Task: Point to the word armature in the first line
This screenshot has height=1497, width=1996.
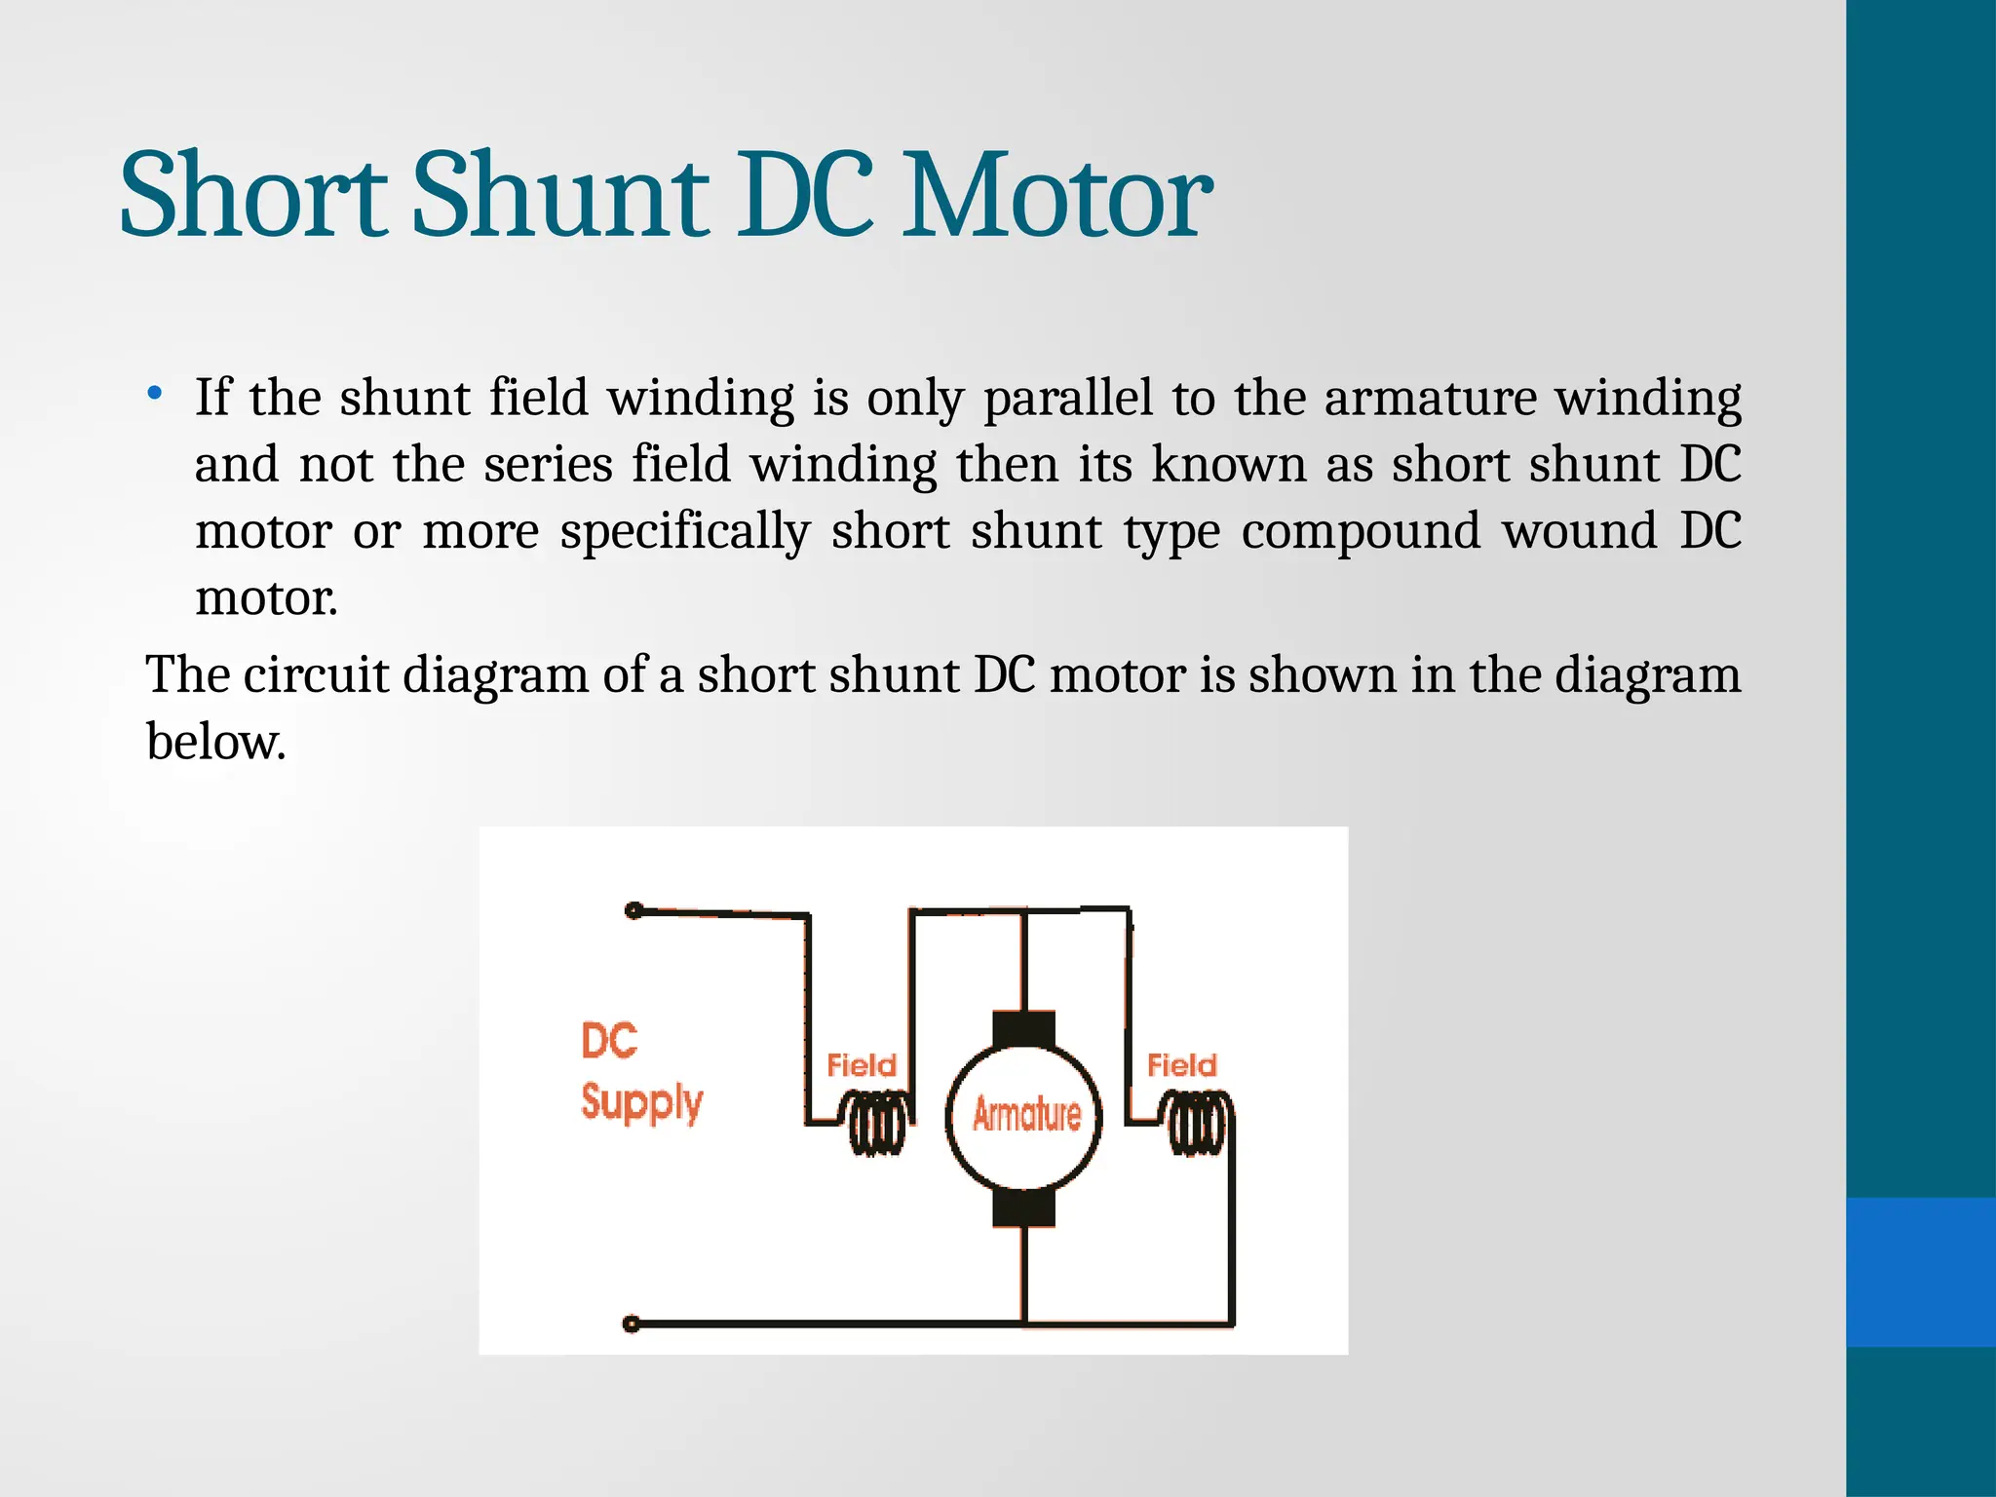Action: click(1430, 398)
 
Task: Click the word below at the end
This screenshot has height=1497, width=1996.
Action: click(215, 742)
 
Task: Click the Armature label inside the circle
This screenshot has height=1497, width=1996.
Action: click(1026, 1114)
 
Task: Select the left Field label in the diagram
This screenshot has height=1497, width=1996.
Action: click(861, 1065)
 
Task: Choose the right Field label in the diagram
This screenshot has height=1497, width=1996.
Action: click(1181, 1065)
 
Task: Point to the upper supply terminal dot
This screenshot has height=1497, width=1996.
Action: click(633, 911)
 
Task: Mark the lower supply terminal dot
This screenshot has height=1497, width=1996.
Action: click(632, 1324)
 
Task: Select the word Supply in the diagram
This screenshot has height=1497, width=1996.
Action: click(641, 1102)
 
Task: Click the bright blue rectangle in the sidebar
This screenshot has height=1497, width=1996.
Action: click(1921, 1272)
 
